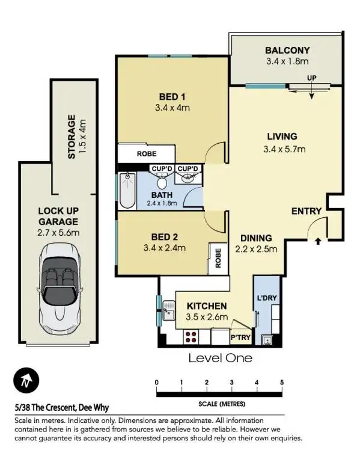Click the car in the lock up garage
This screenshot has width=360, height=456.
(x=58, y=283)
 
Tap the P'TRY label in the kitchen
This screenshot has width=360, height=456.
(x=240, y=337)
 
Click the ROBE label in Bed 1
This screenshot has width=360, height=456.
(x=147, y=153)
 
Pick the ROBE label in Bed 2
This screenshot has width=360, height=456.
(x=218, y=257)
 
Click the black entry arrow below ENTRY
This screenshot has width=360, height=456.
(x=317, y=241)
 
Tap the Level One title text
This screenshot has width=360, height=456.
(x=220, y=359)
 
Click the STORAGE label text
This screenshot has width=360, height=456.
(x=72, y=137)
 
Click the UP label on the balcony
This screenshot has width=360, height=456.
(x=311, y=79)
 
